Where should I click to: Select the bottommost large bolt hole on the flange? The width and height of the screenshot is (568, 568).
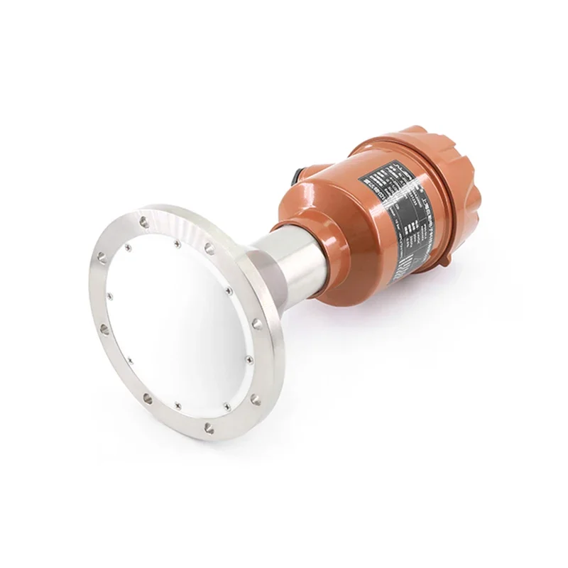[207, 427]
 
